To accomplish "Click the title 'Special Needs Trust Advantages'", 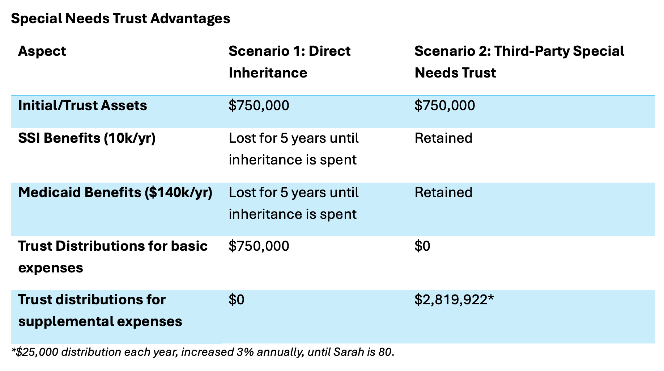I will coord(120,18).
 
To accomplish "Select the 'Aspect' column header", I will coord(42,51).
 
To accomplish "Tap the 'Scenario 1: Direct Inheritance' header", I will coord(289,62).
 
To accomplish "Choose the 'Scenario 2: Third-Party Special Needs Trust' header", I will coord(519,62).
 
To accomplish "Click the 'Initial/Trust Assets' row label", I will coord(82,105).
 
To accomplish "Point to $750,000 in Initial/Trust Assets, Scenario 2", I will coord(444,105).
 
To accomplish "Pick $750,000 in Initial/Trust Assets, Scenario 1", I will coord(259,105).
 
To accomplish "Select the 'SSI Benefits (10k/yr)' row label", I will coord(87,138).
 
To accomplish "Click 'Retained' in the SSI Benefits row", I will coord(443,138).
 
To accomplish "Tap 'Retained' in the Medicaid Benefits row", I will coord(443,192).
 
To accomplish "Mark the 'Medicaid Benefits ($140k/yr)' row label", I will coord(115,192).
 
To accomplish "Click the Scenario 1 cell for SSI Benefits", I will coord(293,149).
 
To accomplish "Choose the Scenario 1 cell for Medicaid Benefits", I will coord(293,203).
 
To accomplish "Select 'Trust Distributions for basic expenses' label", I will coord(112,257).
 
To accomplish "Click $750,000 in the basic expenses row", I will coord(259,246).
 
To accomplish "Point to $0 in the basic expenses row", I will coord(422,246).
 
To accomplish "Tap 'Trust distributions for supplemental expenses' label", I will coord(100,310).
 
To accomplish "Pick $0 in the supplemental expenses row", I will coord(236,300).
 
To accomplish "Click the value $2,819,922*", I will coord(454,300).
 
